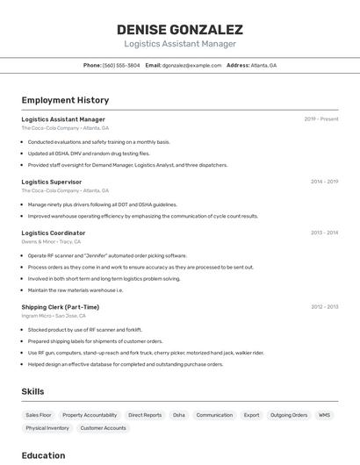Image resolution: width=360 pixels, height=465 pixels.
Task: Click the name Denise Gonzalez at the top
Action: (x=180, y=29)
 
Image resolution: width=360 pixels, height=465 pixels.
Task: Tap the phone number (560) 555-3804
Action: (x=121, y=65)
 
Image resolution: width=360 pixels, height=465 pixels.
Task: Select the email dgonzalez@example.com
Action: (x=191, y=65)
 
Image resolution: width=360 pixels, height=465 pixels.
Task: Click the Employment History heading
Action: (x=65, y=100)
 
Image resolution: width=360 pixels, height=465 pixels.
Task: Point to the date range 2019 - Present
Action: (x=321, y=118)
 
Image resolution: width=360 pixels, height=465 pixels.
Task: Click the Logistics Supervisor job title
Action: (x=52, y=182)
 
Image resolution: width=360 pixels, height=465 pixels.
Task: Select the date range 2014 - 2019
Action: (x=324, y=182)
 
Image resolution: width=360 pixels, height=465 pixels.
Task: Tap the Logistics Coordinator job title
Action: (x=54, y=232)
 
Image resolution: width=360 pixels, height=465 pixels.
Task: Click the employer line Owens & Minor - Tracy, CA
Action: (x=51, y=241)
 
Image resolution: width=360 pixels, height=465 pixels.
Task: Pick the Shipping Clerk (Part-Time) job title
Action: (x=61, y=307)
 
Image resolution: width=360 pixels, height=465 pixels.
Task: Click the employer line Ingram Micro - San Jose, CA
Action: (x=54, y=316)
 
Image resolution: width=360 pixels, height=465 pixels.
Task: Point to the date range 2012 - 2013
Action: (x=324, y=307)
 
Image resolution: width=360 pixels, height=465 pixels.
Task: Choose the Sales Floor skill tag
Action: (x=39, y=414)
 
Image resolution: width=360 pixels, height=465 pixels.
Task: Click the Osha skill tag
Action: (x=179, y=414)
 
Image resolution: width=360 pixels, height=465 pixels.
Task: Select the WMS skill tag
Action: (x=324, y=414)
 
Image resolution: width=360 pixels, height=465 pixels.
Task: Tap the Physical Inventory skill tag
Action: (x=47, y=428)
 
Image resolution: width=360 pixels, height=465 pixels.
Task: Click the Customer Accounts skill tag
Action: (x=104, y=428)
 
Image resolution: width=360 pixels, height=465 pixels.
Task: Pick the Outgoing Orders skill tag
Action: (x=288, y=414)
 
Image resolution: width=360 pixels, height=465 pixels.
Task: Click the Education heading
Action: (x=44, y=455)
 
